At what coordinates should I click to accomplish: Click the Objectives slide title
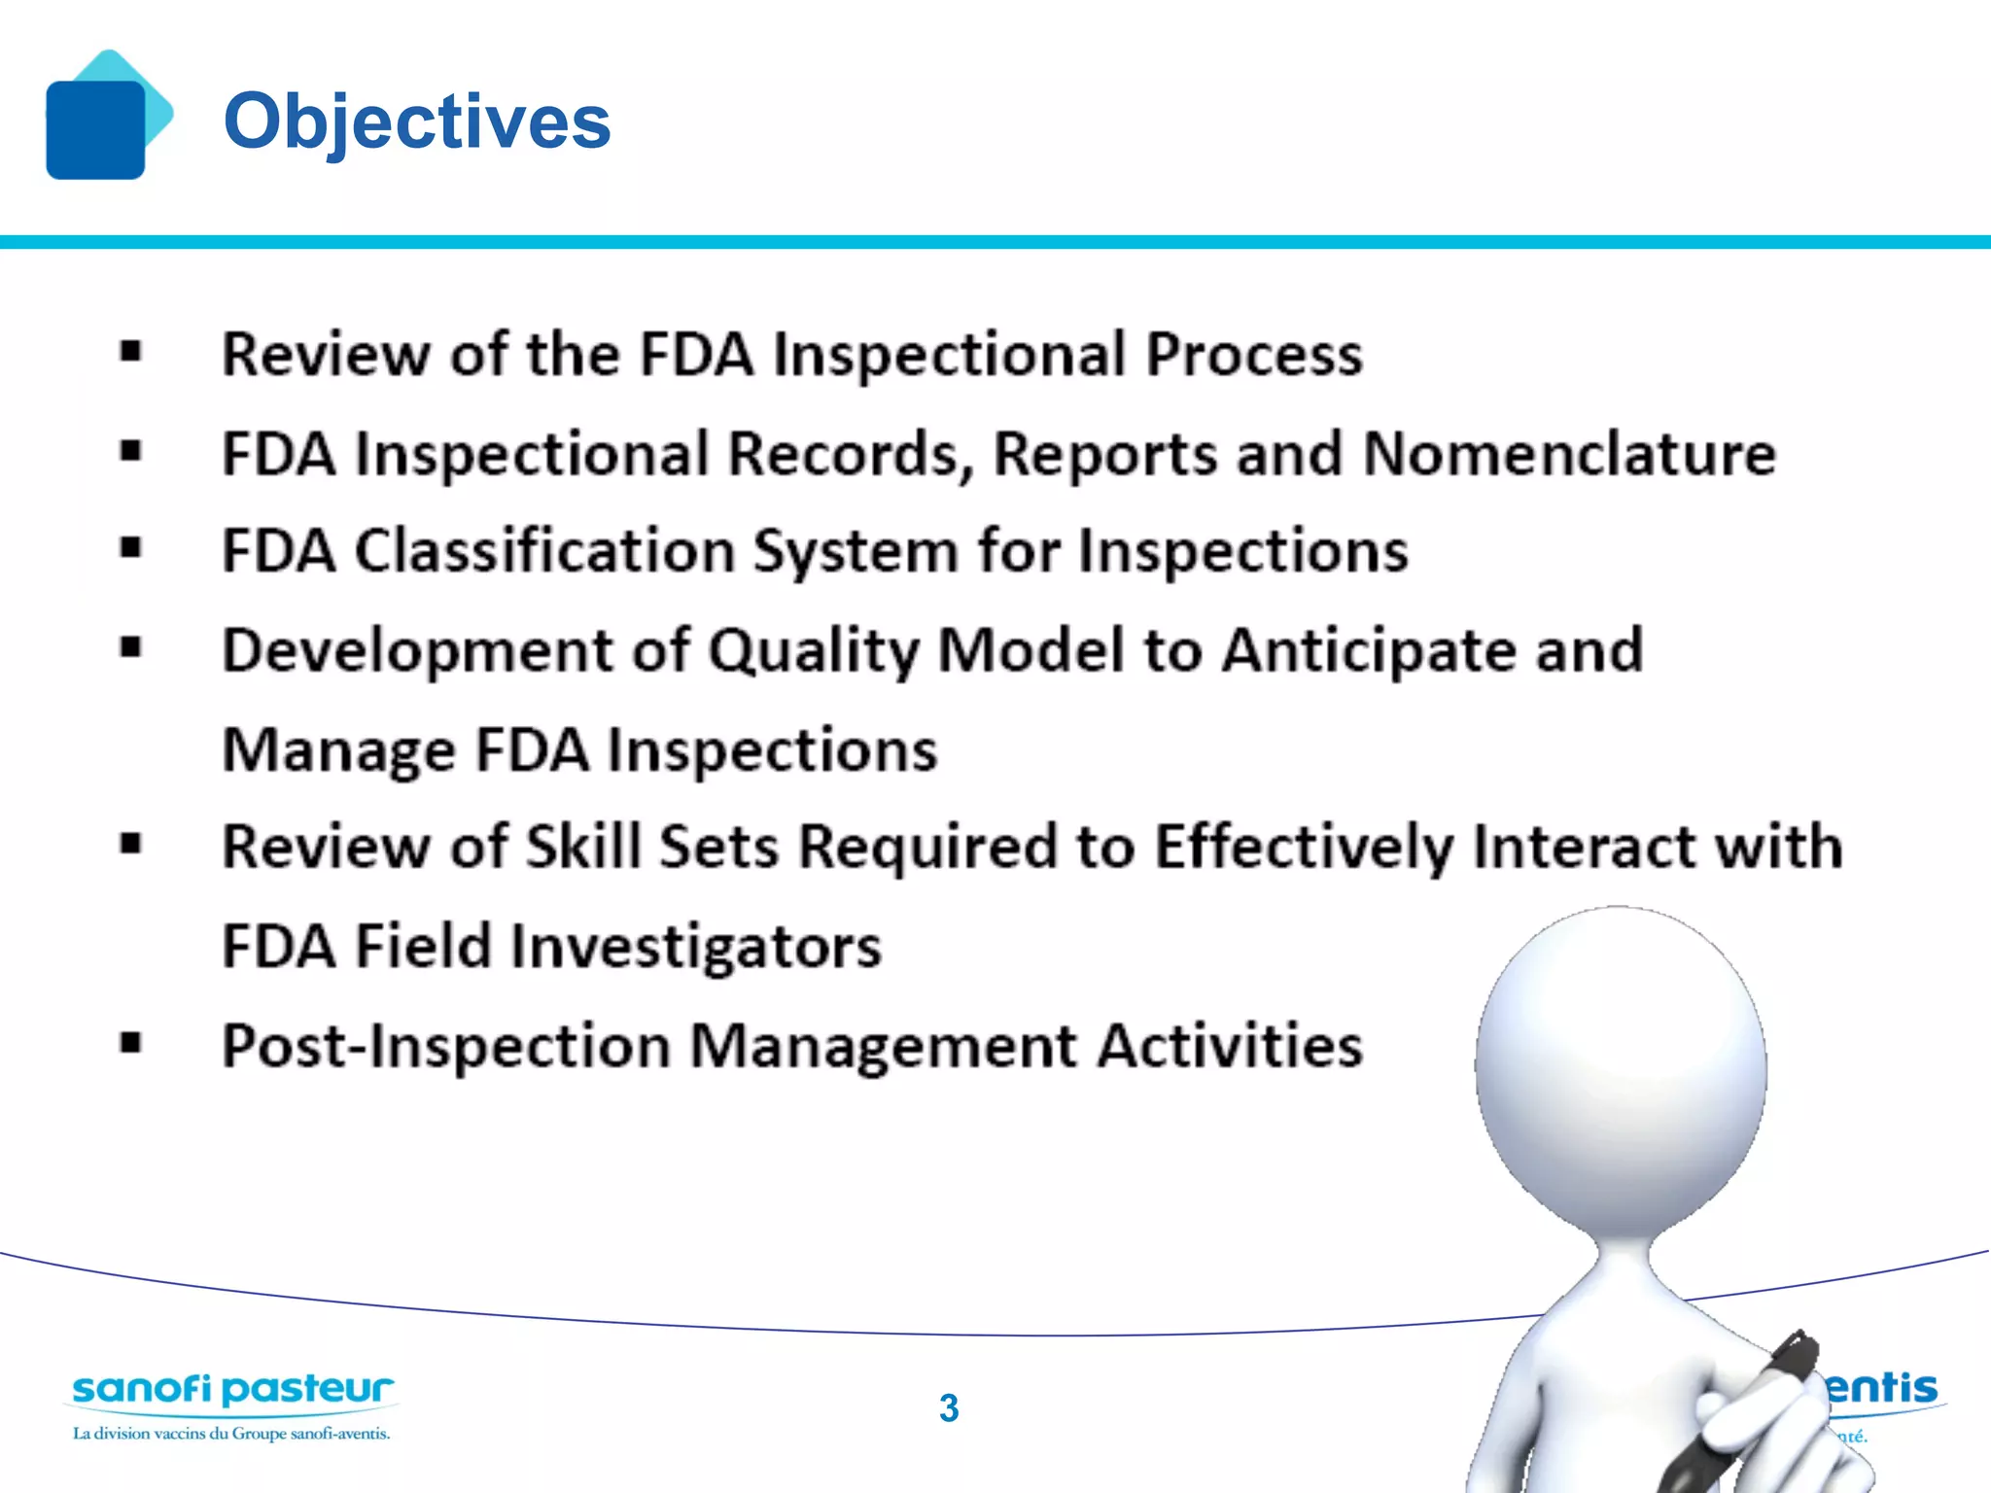coord(417,121)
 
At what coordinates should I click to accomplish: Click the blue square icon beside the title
coord(95,129)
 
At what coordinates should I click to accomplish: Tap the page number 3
coord(949,1408)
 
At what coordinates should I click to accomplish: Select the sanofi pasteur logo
coord(233,1389)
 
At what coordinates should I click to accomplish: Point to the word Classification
coord(544,551)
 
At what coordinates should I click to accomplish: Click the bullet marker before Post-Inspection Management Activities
coord(131,1044)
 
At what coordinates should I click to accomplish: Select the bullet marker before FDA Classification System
coord(131,548)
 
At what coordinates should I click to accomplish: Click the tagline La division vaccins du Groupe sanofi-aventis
coord(231,1434)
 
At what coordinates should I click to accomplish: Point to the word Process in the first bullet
coord(1254,354)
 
